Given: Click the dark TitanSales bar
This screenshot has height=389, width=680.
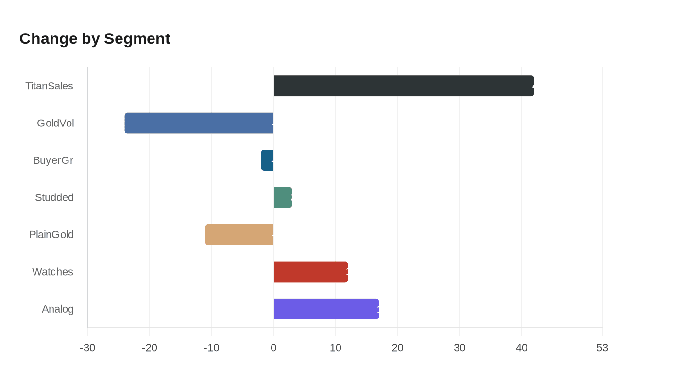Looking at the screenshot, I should click(404, 86).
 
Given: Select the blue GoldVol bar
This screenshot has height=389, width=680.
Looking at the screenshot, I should click(199, 123).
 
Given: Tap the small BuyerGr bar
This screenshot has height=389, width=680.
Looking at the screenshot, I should click(267, 160).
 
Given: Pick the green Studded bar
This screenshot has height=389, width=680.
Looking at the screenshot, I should click(283, 197).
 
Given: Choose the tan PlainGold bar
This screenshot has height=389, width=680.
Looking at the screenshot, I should click(239, 235).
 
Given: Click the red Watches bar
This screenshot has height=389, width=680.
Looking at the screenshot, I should click(311, 272).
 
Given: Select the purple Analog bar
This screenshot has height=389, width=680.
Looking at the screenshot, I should click(326, 309).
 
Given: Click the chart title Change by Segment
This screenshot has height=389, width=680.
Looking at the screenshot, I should click(95, 38).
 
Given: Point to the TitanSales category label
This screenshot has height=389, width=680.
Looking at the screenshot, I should click(49, 86).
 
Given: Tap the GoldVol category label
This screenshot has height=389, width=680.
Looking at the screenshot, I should click(55, 123).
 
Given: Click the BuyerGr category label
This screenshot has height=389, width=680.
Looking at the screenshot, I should click(53, 160).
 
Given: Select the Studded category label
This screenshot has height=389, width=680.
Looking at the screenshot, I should click(54, 197).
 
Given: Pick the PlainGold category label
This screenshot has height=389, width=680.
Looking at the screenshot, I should click(51, 235).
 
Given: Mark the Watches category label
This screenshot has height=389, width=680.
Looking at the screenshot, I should click(52, 272).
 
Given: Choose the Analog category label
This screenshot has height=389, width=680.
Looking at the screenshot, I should click(57, 309).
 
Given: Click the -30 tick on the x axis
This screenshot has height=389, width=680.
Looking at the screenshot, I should click(87, 348).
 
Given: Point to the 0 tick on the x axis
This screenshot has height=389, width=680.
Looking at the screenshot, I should click(273, 348).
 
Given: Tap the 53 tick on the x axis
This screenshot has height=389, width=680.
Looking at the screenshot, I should click(602, 348).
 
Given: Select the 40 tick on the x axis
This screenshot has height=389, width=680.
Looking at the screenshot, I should click(522, 348).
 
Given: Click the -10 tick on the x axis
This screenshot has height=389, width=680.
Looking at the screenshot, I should click(211, 348).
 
